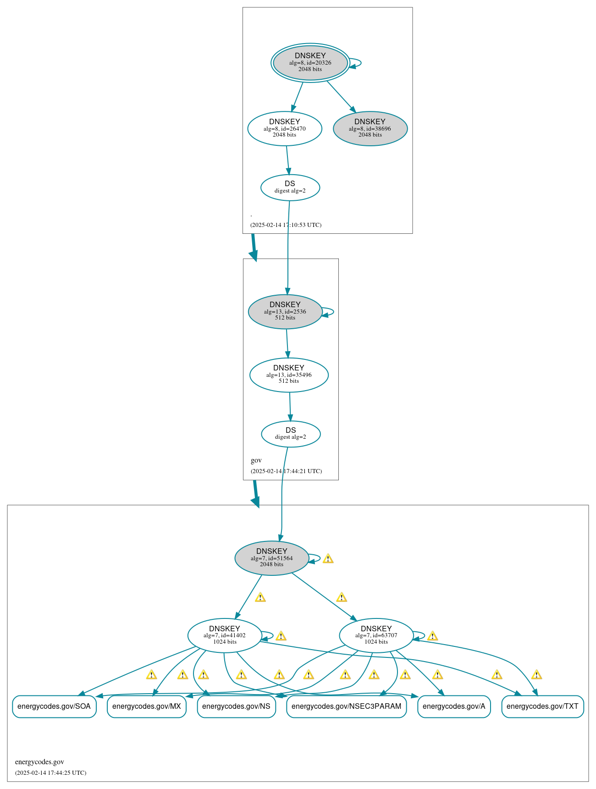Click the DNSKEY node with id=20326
point(310,63)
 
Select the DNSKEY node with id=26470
point(285,129)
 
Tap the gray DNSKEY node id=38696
point(370,129)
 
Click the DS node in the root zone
point(290,188)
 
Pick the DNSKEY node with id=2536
point(285,312)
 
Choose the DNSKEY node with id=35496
point(289,375)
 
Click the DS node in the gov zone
point(291,434)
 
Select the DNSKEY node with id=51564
point(272,558)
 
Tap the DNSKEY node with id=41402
point(225,635)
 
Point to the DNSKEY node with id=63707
point(376,635)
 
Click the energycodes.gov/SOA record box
point(54,706)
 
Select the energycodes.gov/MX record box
point(147,706)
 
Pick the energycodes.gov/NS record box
point(236,706)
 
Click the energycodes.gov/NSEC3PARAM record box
point(347,706)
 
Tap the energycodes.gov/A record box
point(454,706)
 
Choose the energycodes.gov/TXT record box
point(543,706)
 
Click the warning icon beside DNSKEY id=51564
point(328,558)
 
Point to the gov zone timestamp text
point(286,471)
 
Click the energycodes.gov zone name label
point(39,762)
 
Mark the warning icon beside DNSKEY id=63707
point(432,636)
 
